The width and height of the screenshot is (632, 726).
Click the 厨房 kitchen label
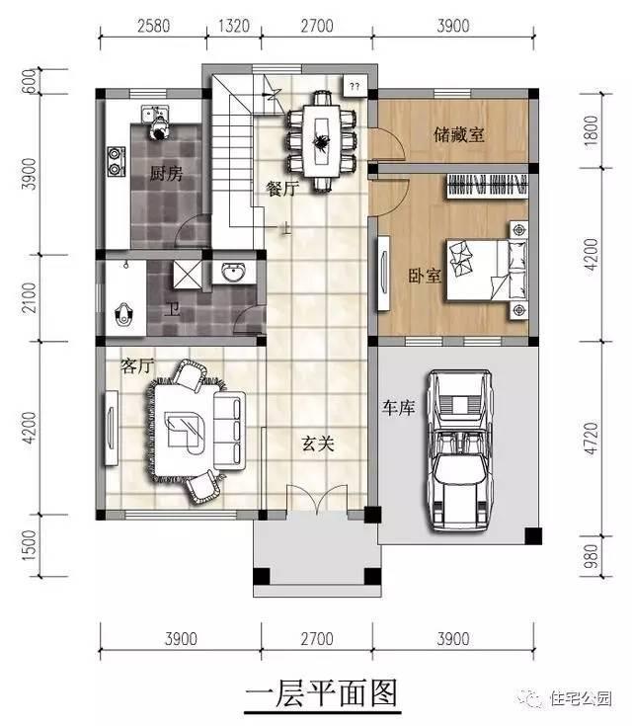[x=166, y=175]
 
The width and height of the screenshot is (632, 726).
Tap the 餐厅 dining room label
[x=281, y=188]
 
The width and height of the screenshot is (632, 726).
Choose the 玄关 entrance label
[x=318, y=444]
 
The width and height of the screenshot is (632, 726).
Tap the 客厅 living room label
[x=138, y=366]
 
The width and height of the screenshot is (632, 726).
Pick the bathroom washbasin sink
[x=234, y=273]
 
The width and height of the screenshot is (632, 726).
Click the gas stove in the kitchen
[x=118, y=160]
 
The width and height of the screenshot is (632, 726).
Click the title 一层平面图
[x=321, y=694]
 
